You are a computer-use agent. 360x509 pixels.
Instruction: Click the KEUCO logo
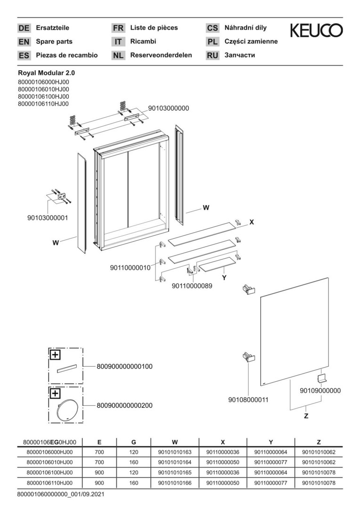point(316,32)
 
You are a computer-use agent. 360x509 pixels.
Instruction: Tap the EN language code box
point(24,42)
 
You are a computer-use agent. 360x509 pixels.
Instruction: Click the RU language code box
point(213,56)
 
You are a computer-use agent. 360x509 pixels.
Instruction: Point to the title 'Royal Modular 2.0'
point(46,73)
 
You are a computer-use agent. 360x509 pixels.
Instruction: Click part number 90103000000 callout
point(168,108)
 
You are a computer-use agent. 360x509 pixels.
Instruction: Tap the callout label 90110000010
point(130,268)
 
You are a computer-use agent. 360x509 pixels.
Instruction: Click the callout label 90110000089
point(192,285)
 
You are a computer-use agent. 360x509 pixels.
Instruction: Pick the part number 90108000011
point(248,400)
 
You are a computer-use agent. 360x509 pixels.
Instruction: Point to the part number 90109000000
point(320,391)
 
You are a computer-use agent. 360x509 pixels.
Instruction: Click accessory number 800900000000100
point(124,366)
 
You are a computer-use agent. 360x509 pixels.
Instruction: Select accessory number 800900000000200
point(124,405)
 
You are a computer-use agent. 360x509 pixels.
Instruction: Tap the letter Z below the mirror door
point(306,416)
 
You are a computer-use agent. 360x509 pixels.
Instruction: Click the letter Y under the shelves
point(224,278)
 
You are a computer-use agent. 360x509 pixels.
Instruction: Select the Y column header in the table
point(271,442)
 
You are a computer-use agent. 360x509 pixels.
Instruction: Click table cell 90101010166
point(175,483)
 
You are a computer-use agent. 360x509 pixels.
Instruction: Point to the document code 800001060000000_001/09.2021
point(60,494)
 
